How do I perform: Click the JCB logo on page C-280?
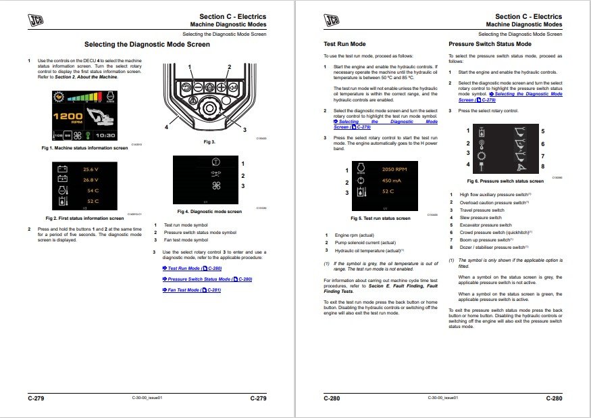tap(333, 22)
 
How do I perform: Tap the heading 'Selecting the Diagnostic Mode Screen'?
tap(147, 45)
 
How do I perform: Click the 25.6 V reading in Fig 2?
tap(91, 169)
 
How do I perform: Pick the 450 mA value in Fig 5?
tap(391, 181)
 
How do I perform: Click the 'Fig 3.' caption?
tap(209, 142)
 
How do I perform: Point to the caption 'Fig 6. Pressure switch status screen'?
tap(505, 181)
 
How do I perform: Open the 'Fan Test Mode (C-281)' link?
tap(195, 289)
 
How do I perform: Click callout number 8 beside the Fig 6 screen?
tap(542, 166)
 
